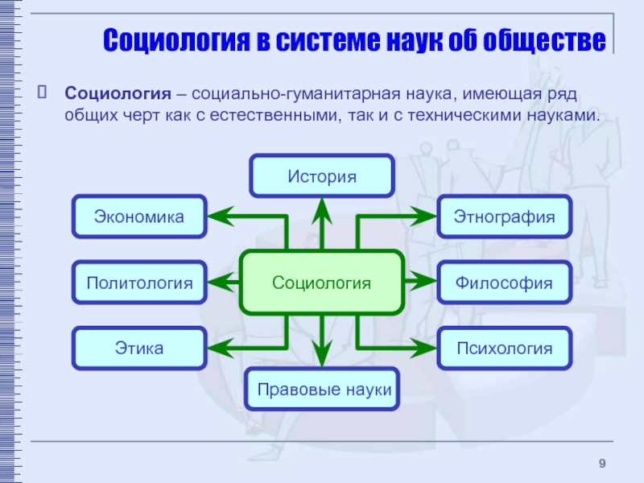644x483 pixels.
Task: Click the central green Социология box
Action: (x=321, y=283)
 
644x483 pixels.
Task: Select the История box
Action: (x=322, y=176)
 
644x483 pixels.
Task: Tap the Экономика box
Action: (x=139, y=217)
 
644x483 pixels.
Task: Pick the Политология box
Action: (x=139, y=283)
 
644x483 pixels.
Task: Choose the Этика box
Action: (x=139, y=349)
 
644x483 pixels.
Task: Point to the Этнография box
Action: (x=504, y=217)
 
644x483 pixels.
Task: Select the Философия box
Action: (x=504, y=283)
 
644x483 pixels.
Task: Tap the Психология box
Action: (x=504, y=349)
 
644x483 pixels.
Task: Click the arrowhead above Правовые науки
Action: (x=322, y=357)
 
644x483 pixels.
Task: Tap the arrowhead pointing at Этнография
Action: (x=424, y=217)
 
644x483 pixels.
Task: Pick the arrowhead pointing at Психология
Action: (x=424, y=349)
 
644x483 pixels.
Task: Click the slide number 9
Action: (x=602, y=461)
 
